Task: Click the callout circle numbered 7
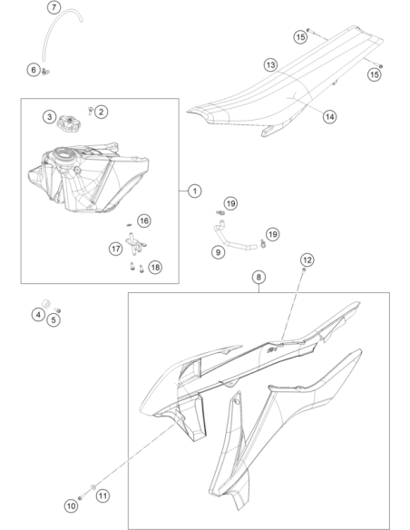54,7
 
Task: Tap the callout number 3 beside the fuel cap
50,117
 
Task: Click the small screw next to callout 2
90,110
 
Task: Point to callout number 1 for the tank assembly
194,191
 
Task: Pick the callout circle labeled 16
144,221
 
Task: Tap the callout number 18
155,268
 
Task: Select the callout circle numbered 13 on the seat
270,65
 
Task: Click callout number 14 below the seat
329,117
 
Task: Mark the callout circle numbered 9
219,252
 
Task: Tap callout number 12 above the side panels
307,260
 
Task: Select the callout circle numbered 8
259,277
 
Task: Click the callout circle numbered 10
71,506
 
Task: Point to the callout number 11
103,496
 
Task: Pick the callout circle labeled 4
38,315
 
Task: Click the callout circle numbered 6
34,70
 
